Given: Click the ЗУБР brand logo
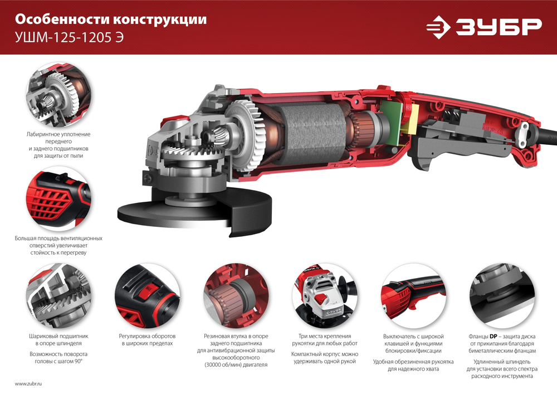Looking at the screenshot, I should (x=483, y=27).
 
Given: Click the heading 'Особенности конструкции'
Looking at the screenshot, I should (x=110, y=20).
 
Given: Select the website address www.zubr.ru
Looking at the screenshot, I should (x=28, y=384).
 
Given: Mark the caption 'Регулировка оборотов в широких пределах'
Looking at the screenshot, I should (x=147, y=340).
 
